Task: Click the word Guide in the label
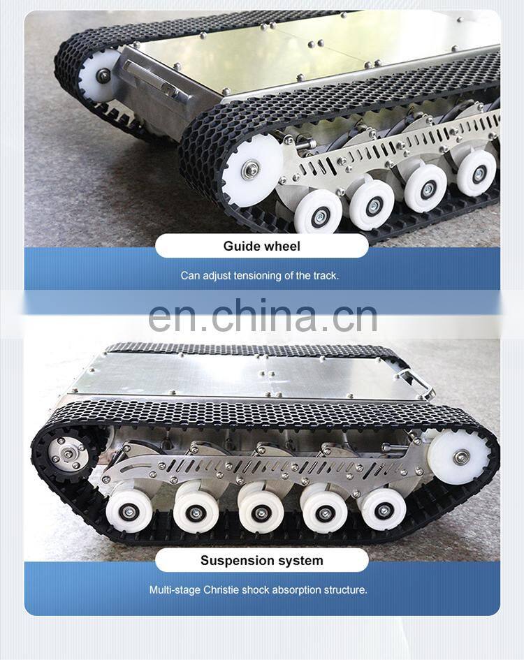coord(240,246)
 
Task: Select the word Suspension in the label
coord(234,560)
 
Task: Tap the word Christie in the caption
coord(223,589)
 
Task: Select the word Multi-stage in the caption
coord(175,589)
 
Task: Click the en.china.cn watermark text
coord(263,315)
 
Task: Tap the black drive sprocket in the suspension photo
coord(68,455)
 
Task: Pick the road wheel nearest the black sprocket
coord(129,509)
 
